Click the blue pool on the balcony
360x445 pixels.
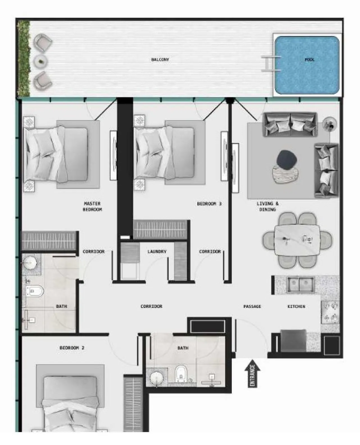(x=307, y=65)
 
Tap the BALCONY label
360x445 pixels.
(x=160, y=60)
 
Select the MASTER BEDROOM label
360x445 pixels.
(x=92, y=206)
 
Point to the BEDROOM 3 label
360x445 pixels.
(x=209, y=204)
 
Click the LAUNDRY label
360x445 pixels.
(x=157, y=251)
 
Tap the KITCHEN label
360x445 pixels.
(x=296, y=307)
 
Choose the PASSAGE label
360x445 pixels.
(x=252, y=307)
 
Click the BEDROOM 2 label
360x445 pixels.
(x=72, y=348)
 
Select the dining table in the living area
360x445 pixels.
(x=297, y=240)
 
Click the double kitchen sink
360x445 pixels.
(x=300, y=284)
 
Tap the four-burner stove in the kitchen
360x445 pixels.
(x=330, y=312)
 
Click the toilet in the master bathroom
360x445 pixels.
(x=35, y=291)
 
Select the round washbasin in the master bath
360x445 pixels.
(x=29, y=263)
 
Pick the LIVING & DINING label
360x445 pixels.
(x=268, y=206)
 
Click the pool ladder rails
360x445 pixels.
(x=271, y=64)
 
